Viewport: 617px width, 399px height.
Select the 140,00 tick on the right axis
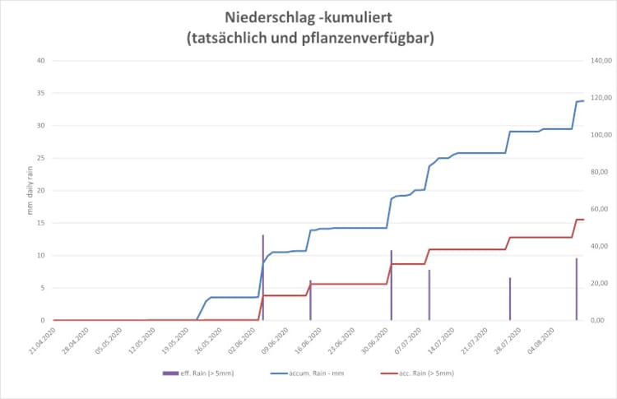tap(596, 61)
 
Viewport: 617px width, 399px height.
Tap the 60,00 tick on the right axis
tap(596, 209)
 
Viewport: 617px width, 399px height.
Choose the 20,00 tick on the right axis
tap(596, 283)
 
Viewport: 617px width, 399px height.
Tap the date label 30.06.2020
tap(380, 340)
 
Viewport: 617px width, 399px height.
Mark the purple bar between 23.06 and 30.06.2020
tap(392, 285)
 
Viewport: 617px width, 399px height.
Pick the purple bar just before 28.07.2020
tap(510, 299)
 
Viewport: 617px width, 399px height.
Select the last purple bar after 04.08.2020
tap(577, 289)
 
